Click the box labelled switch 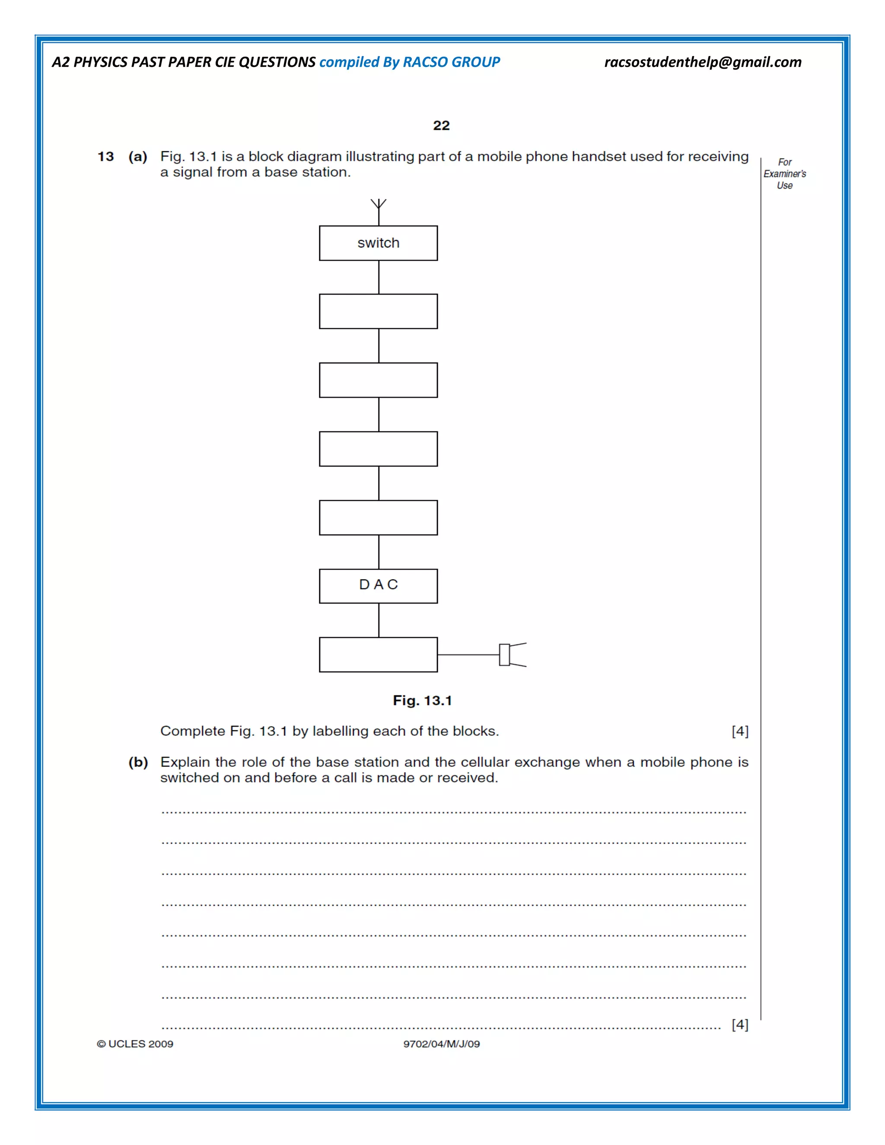click(378, 243)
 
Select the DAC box click(378, 585)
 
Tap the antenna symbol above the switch click(378, 206)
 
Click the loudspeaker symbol click(511, 654)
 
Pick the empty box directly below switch click(378, 312)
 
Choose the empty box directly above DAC click(378, 518)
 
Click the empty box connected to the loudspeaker click(378, 654)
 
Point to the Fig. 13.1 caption click(422, 700)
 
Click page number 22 click(441, 125)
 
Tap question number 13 click(105, 157)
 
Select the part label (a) click(138, 157)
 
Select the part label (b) click(138, 762)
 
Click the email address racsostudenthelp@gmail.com click(703, 62)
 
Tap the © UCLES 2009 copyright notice click(135, 1044)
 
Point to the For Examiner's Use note click(784, 174)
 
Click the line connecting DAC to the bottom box click(379, 620)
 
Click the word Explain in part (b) click(185, 762)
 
